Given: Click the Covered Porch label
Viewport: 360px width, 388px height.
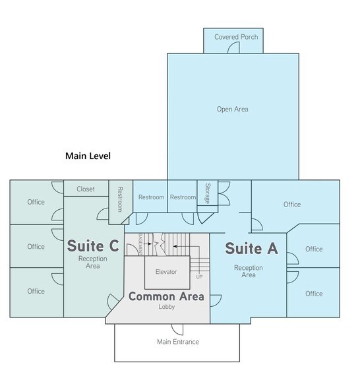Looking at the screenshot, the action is coord(236,37).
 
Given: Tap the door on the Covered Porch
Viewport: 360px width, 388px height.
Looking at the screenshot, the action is coord(233,48).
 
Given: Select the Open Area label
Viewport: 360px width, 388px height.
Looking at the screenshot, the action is coord(232,109).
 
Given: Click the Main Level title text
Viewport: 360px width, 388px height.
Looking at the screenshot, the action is coord(88,156).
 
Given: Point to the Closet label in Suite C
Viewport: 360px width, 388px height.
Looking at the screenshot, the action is coord(86,189).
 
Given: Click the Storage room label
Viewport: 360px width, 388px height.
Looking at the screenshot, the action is coord(208,193).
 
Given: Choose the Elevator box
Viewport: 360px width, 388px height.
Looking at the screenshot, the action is coord(167,273).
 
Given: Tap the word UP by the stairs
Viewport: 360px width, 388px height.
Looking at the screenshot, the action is coord(199,277).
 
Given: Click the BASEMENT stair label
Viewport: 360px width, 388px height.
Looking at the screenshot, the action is coord(141,243).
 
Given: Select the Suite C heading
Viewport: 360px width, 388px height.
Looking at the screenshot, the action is coord(93,245).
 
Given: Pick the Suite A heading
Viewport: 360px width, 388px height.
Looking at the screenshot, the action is coord(251,248).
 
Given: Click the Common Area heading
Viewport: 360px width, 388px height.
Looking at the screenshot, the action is coord(166,296).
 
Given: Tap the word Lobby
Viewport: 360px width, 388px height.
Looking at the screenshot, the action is coord(167,307).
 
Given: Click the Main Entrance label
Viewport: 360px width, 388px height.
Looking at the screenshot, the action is coord(178,342).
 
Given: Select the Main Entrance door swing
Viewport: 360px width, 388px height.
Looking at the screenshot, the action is coord(177,330).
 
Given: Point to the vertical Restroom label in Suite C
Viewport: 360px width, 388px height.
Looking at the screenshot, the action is coord(120,199).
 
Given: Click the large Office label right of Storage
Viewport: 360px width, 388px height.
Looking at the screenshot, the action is coord(292,205).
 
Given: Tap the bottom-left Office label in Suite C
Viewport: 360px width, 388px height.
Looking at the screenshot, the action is coord(36,291).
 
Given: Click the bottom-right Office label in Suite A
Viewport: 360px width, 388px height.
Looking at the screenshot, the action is coord(314,294).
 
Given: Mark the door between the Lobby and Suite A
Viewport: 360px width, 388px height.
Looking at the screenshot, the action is coord(216,301).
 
